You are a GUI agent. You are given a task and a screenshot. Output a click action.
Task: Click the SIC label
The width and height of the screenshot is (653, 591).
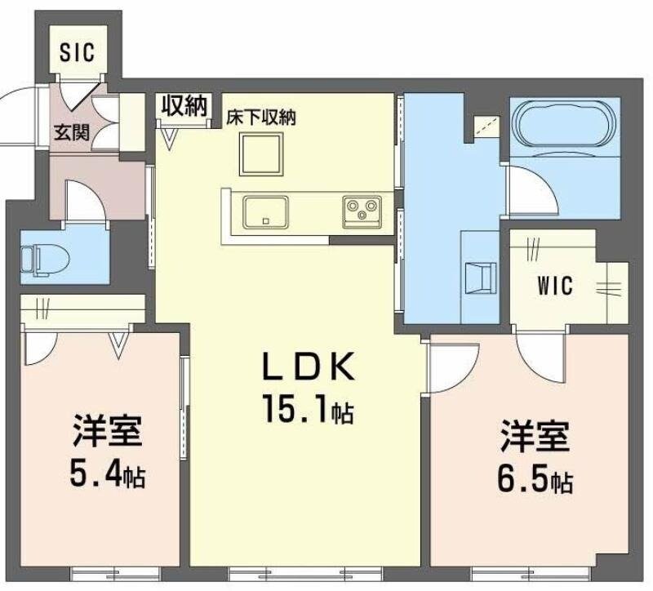coord(78,53)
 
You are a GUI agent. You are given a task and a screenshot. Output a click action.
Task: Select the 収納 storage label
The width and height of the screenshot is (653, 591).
coord(182,106)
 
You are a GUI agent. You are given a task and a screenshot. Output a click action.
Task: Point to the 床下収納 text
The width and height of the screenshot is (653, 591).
coord(260,116)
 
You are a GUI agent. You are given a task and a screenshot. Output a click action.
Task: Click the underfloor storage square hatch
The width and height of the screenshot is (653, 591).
coord(261,153)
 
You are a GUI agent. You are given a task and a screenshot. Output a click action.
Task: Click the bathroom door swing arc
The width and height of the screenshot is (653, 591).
coord(522,188)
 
